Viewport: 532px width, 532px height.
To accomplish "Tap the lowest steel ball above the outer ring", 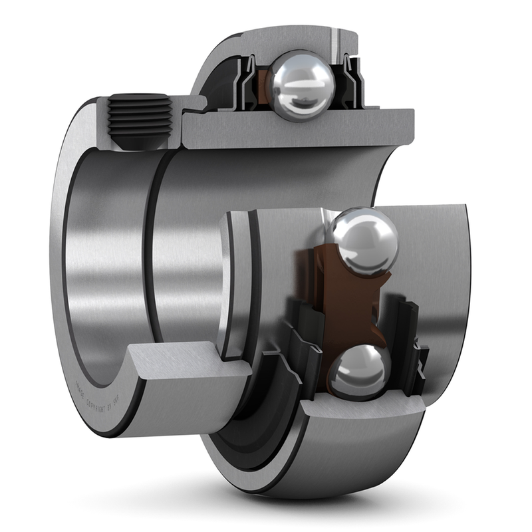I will tap(360, 372).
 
